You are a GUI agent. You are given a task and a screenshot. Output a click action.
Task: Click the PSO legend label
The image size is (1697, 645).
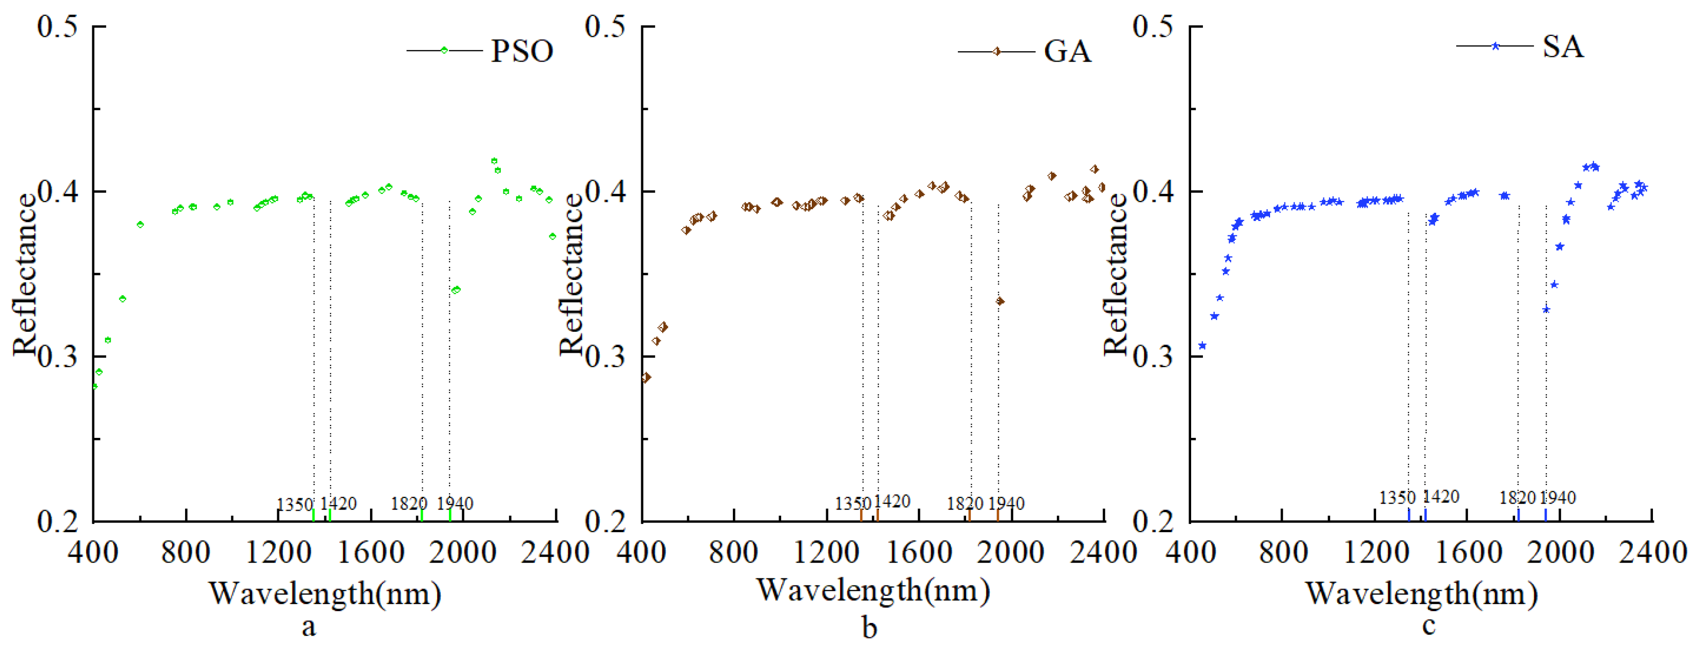521,51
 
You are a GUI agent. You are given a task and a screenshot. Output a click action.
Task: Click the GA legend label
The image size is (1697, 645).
1067,51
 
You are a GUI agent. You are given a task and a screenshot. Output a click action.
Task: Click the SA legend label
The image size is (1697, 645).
1563,46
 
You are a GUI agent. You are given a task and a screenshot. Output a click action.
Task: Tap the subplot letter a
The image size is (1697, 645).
309,627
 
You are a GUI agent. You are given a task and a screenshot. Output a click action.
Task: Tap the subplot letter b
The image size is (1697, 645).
870,628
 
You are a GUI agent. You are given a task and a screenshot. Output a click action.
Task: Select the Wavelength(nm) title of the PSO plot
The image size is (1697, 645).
325,594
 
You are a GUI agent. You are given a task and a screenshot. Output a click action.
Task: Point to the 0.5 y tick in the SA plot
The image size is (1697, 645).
1153,26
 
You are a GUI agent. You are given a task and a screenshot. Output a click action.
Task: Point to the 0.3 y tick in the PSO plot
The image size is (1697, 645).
57,357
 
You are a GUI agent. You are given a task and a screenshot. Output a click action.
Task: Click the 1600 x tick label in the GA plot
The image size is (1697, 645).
917,552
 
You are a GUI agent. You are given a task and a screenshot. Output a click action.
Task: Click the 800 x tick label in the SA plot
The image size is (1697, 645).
1282,552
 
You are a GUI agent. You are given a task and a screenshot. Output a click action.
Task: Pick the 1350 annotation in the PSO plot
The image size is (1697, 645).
295,505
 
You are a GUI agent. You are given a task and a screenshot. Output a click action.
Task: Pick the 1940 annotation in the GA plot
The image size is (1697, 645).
1006,504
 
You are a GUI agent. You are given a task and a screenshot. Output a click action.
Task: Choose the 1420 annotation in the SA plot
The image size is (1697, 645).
1441,497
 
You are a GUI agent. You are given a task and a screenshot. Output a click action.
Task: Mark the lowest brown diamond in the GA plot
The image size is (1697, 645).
646,377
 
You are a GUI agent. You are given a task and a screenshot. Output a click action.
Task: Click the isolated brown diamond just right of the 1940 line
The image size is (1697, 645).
1000,301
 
